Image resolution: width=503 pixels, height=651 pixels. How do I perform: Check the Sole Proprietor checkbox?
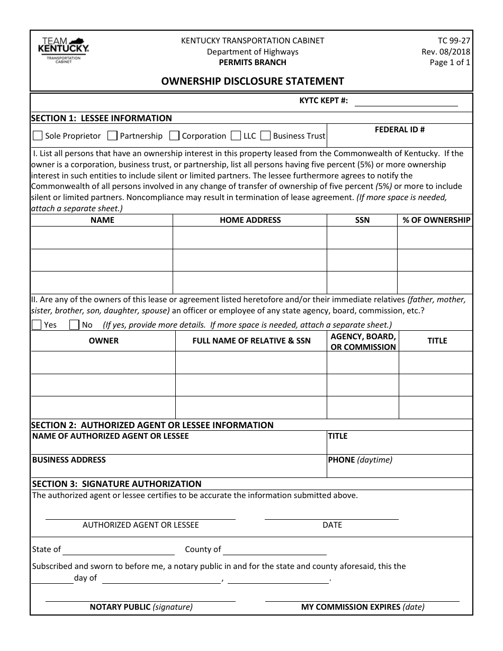point(38,136)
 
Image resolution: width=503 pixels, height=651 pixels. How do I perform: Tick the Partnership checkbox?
point(112,136)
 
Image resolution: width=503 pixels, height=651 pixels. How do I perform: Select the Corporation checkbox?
point(174,136)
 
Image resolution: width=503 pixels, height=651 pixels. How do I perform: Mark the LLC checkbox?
point(236,136)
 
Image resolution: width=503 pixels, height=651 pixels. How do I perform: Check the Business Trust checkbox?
point(265,136)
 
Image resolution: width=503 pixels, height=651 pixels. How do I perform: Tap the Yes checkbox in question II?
point(37,324)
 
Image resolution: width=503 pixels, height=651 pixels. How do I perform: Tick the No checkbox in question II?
point(75,324)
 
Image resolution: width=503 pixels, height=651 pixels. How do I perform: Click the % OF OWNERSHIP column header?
point(436,220)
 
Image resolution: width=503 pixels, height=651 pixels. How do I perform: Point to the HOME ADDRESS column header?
point(250,220)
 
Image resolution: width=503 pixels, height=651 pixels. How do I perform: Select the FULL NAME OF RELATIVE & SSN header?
point(251,341)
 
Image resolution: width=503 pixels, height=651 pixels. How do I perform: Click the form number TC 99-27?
point(454,41)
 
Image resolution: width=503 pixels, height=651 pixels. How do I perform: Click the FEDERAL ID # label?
point(400,130)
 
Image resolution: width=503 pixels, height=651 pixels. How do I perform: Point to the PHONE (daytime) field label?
point(360,460)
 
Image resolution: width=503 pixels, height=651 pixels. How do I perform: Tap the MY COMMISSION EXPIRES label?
point(363,607)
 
